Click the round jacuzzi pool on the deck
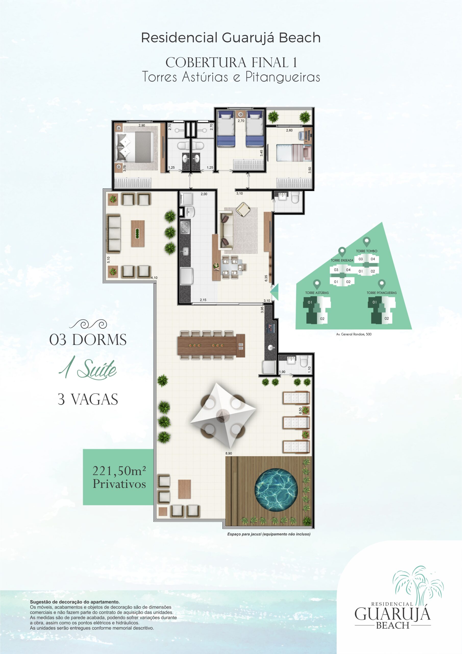276,490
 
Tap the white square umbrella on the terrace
223,416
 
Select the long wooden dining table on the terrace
211,345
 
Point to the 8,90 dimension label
228,453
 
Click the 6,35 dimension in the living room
266,278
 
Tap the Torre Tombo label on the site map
366,251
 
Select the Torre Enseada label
342,260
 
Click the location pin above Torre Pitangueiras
381,284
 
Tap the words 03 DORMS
88,340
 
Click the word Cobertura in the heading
206,63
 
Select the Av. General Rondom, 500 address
354,334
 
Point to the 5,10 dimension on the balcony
108,260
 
